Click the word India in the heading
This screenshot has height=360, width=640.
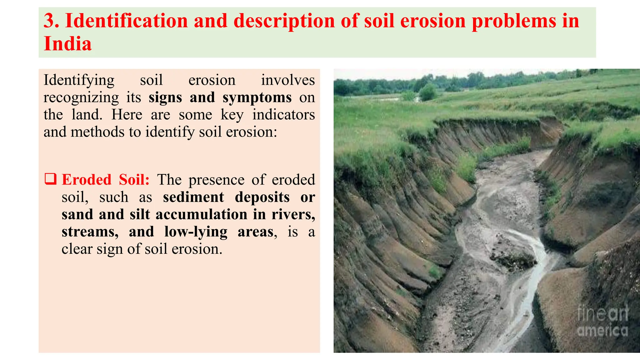(x=67, y=44)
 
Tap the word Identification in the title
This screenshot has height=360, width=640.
(x=126, y=21)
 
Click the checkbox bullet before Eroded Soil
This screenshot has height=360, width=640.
(x=50, y=179)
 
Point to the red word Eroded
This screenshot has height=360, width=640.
(x=87, y=180)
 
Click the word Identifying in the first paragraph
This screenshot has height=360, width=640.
(x=79, y=80)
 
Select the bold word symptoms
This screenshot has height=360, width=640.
(x=257, y=97)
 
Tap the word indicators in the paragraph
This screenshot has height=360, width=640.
(x=283, y=115)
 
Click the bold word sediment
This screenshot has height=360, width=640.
(x=193, y=197)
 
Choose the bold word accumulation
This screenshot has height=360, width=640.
(x=201, y=214)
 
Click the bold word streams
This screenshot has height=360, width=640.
(x=90, y=232)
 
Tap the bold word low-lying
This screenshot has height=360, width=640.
(x=196, y=232)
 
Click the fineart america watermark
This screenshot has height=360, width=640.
(x=602, y=321)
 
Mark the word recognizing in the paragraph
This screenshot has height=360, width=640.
(x=81, y=97)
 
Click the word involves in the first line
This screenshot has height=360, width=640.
(x=288, y=80)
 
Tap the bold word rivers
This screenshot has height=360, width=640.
(x=293, y=214)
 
